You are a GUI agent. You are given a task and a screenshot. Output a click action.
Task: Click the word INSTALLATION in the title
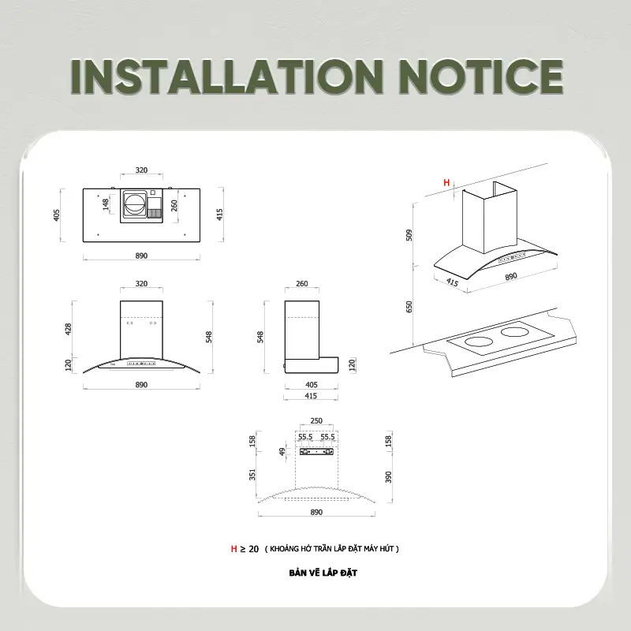pyautogui.click(x=227, y=77)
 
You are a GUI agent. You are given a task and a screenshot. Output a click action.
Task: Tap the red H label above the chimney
pyautogui.click(x=446, y=183)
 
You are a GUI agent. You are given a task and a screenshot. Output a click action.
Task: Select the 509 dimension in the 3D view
pyautogui.click(x=409, y=235)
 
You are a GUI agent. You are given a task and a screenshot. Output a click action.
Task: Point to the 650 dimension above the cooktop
pyautogui.click(x=409, y=307)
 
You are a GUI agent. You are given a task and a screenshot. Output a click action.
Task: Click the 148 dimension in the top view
pyautogui.click(x=106, y=204)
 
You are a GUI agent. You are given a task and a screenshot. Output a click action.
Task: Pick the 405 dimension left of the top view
pyautogui.click(x=56, y=215)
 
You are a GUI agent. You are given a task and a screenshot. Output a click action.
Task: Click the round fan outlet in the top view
pyautogui.click(x=134, y=204)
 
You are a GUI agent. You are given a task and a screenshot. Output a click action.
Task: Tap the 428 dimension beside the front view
pyautogui.click(x=68, y=329)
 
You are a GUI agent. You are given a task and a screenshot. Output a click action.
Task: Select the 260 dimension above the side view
pyautogui.click(x=302, y=284)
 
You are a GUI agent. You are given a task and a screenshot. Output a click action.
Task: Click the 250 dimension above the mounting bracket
pyautogui.click(x=316, y=420)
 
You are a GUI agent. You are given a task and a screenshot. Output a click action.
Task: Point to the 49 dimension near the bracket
pyautogui.click(x=282, y=452)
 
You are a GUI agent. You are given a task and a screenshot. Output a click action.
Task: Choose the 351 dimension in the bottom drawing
pyautogui.click(x=252, y=475)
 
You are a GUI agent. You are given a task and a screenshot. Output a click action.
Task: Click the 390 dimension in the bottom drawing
pyautogui.click(x=388, y=477)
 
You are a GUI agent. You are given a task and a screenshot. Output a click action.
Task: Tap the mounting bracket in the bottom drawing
pyautogui.click(x=317, y=452)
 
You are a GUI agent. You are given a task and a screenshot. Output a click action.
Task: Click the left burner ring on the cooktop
pyautogui.click(x=479, y=342)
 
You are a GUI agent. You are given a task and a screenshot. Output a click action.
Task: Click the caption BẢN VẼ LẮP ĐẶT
pyautogui.click(x=323, y=573)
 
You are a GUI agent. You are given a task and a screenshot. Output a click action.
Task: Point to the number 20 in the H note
pyautogui.click(x=253, y=549)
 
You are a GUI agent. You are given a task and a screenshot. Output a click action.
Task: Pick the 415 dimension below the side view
pyautogui.click(x=311, y=396)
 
